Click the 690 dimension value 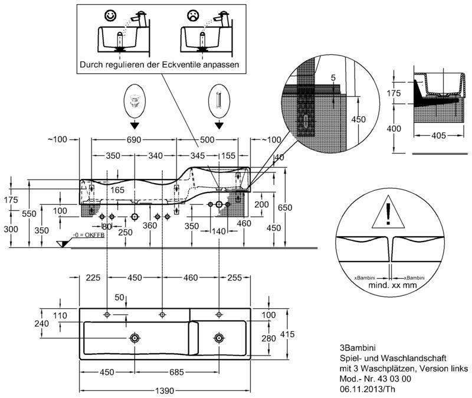point(134,140)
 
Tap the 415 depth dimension point(286,334)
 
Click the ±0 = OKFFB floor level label point(87,236)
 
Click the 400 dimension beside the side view point(394,129)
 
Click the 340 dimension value point(155,156)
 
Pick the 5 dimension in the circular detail point(333,77)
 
